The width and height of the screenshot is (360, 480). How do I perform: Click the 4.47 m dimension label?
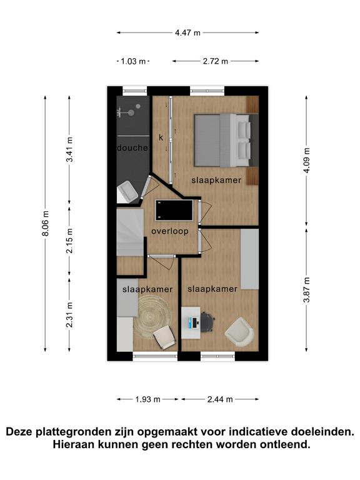[187, 32]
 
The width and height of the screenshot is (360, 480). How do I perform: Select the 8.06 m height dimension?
[45, 224]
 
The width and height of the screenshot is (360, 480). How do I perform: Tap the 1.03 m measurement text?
[133, 61]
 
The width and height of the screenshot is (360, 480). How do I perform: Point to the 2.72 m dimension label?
[216, 61]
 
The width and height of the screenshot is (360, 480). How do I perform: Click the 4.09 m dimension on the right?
[306, 161]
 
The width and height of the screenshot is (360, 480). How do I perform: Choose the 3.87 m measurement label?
[306, 289]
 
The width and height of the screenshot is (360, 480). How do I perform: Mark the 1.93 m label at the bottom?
[148, 399]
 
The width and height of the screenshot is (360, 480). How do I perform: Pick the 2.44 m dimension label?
[220, 399]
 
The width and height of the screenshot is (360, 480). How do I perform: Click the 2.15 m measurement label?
[70, 241]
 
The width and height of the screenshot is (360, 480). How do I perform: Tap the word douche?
[132, 148]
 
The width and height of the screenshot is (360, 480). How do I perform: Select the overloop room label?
[170, 231]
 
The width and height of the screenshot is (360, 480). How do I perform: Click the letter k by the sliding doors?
[161, 137]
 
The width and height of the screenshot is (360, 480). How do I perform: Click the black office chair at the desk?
[207, 322]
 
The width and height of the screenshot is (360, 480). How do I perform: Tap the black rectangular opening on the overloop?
[174, 210]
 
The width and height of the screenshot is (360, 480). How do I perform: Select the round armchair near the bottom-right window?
[239, 332]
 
